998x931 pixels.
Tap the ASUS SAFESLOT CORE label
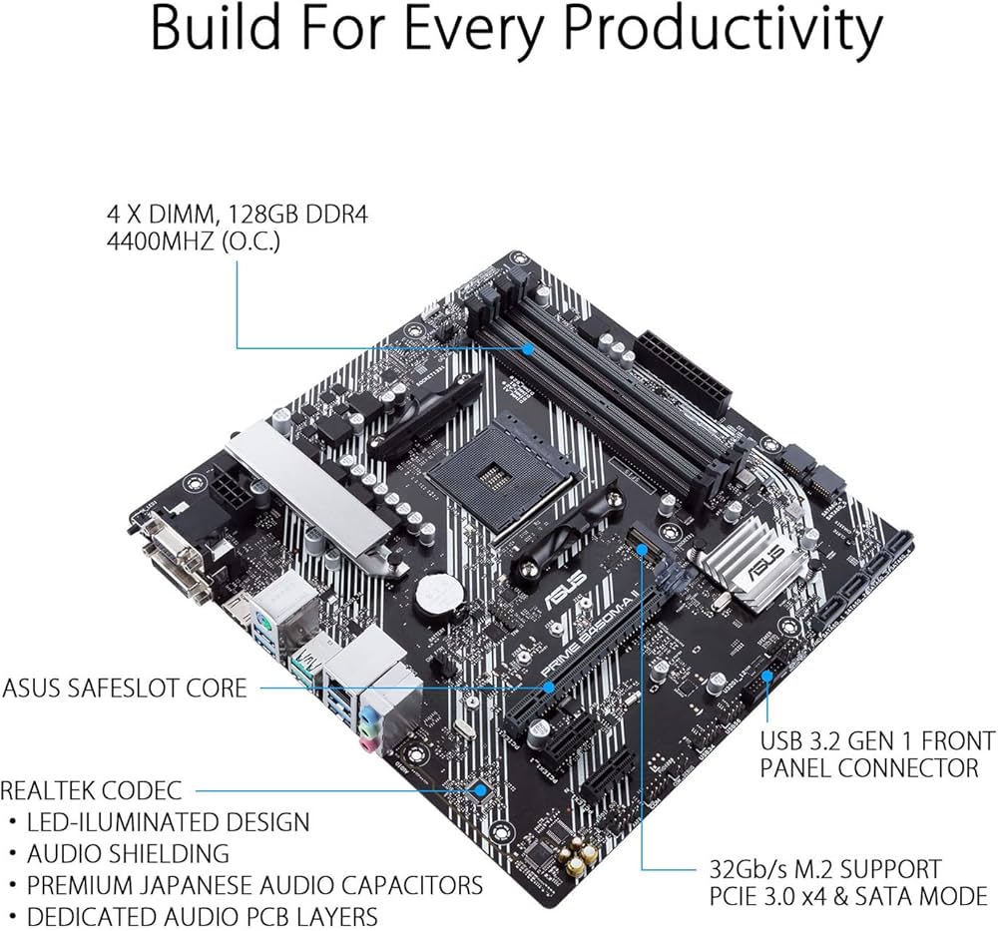click(124, 689)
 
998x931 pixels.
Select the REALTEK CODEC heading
click(91, 791)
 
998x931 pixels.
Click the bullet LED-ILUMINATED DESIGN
click(168, 822)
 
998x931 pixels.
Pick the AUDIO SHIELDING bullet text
click(128, 853)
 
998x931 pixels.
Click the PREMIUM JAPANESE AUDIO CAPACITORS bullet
click(254, 884)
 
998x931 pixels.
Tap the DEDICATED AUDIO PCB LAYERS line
click(203, 915)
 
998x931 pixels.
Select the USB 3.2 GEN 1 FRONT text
click(877, 740)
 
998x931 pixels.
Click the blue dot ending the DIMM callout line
click(529, 348)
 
